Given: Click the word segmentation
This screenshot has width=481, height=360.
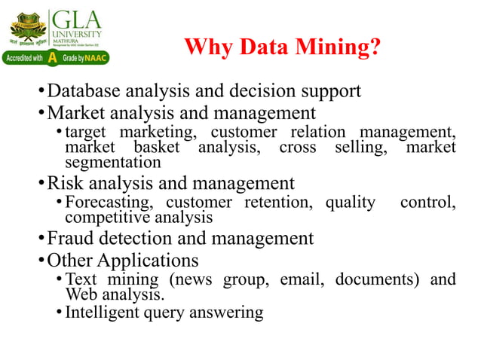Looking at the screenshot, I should point(112,162).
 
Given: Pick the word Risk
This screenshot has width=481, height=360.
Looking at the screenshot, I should point(63,183).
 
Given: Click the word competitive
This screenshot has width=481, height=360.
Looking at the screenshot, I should point(105,218).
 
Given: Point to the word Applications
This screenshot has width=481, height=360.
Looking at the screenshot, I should point(148,261).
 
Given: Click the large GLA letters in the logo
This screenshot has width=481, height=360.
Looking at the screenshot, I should point(76,18).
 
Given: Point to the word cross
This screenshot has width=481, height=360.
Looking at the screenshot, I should point(298,147).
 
